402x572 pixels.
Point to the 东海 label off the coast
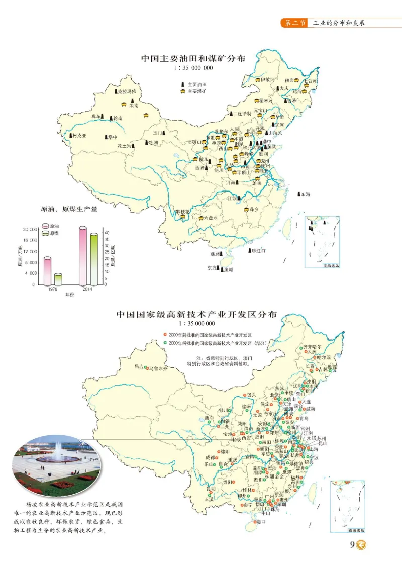[307, 194]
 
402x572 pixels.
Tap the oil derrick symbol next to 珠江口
[250, 250]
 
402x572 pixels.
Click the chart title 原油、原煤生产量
[69, 209]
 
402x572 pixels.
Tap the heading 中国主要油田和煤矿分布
[193, 58]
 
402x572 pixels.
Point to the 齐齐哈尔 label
[312, 347]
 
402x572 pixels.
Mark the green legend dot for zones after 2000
[165, 343]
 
